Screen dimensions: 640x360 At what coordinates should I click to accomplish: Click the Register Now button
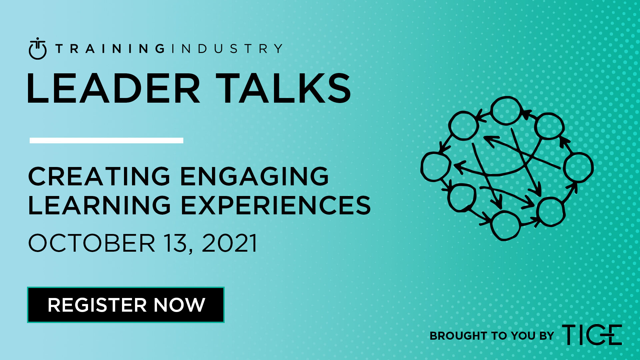click(126, 305)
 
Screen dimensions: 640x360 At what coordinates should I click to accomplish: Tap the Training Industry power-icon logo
click(38, 49)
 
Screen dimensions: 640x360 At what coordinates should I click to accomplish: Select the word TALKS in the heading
click(283, 88)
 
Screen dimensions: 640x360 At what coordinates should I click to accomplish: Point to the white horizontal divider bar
click(106, 140)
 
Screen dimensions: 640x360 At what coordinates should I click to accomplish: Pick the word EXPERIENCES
click(276, 205)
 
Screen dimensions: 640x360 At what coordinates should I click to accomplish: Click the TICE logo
click(592, 334)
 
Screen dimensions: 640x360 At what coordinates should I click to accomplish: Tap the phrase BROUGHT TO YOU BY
click(492, 336)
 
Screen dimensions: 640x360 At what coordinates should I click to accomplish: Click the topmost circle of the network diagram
click(506, 110)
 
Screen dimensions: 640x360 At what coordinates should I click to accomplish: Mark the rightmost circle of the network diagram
click(579, 167)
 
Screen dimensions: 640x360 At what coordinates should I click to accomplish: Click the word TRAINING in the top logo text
click(110, 49)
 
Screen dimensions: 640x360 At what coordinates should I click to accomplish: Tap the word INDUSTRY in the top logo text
click(227, 49)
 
